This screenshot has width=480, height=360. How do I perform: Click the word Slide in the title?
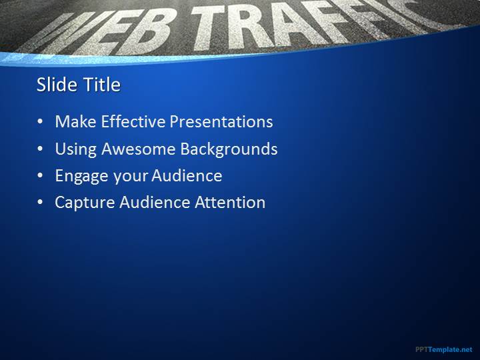pos(57,85)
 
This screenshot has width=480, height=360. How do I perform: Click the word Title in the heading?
pos(102,85)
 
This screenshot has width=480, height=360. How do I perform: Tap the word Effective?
pos(133,121)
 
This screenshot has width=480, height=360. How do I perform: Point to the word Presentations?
pos(221,121)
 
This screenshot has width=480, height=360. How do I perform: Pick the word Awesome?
pos(139,149)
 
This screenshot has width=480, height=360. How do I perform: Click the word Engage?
pos(82,177)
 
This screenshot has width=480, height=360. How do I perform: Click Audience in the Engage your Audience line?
pos(187,175)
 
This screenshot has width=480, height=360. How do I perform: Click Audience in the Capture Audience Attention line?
pos(155,203)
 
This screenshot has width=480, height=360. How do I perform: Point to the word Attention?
pos(230,203)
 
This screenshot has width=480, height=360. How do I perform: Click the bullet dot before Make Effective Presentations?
pos(40,122)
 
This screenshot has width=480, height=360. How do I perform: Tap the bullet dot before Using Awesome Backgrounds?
pos(40,149)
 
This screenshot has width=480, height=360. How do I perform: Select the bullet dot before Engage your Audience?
pos(40,176)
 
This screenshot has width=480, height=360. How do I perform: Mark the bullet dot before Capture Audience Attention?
pos(40,203)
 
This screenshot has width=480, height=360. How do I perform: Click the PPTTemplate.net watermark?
pos(444,349)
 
